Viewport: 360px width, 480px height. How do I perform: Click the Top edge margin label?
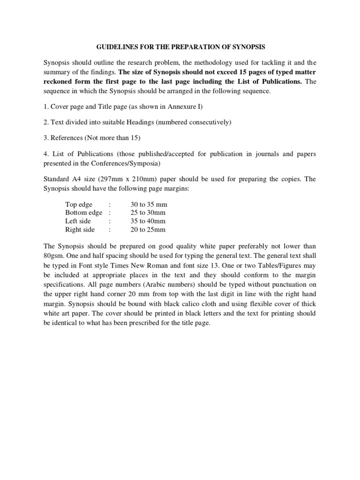(x=79, y=205)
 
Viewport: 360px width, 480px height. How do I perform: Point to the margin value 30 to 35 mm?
(x=149, y=205)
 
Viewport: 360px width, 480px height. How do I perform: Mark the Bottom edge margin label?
(x=83, y=213)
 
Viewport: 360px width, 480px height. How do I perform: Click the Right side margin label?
(x=80, y=230)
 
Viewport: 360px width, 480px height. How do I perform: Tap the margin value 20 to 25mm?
(x=148, y=230)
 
